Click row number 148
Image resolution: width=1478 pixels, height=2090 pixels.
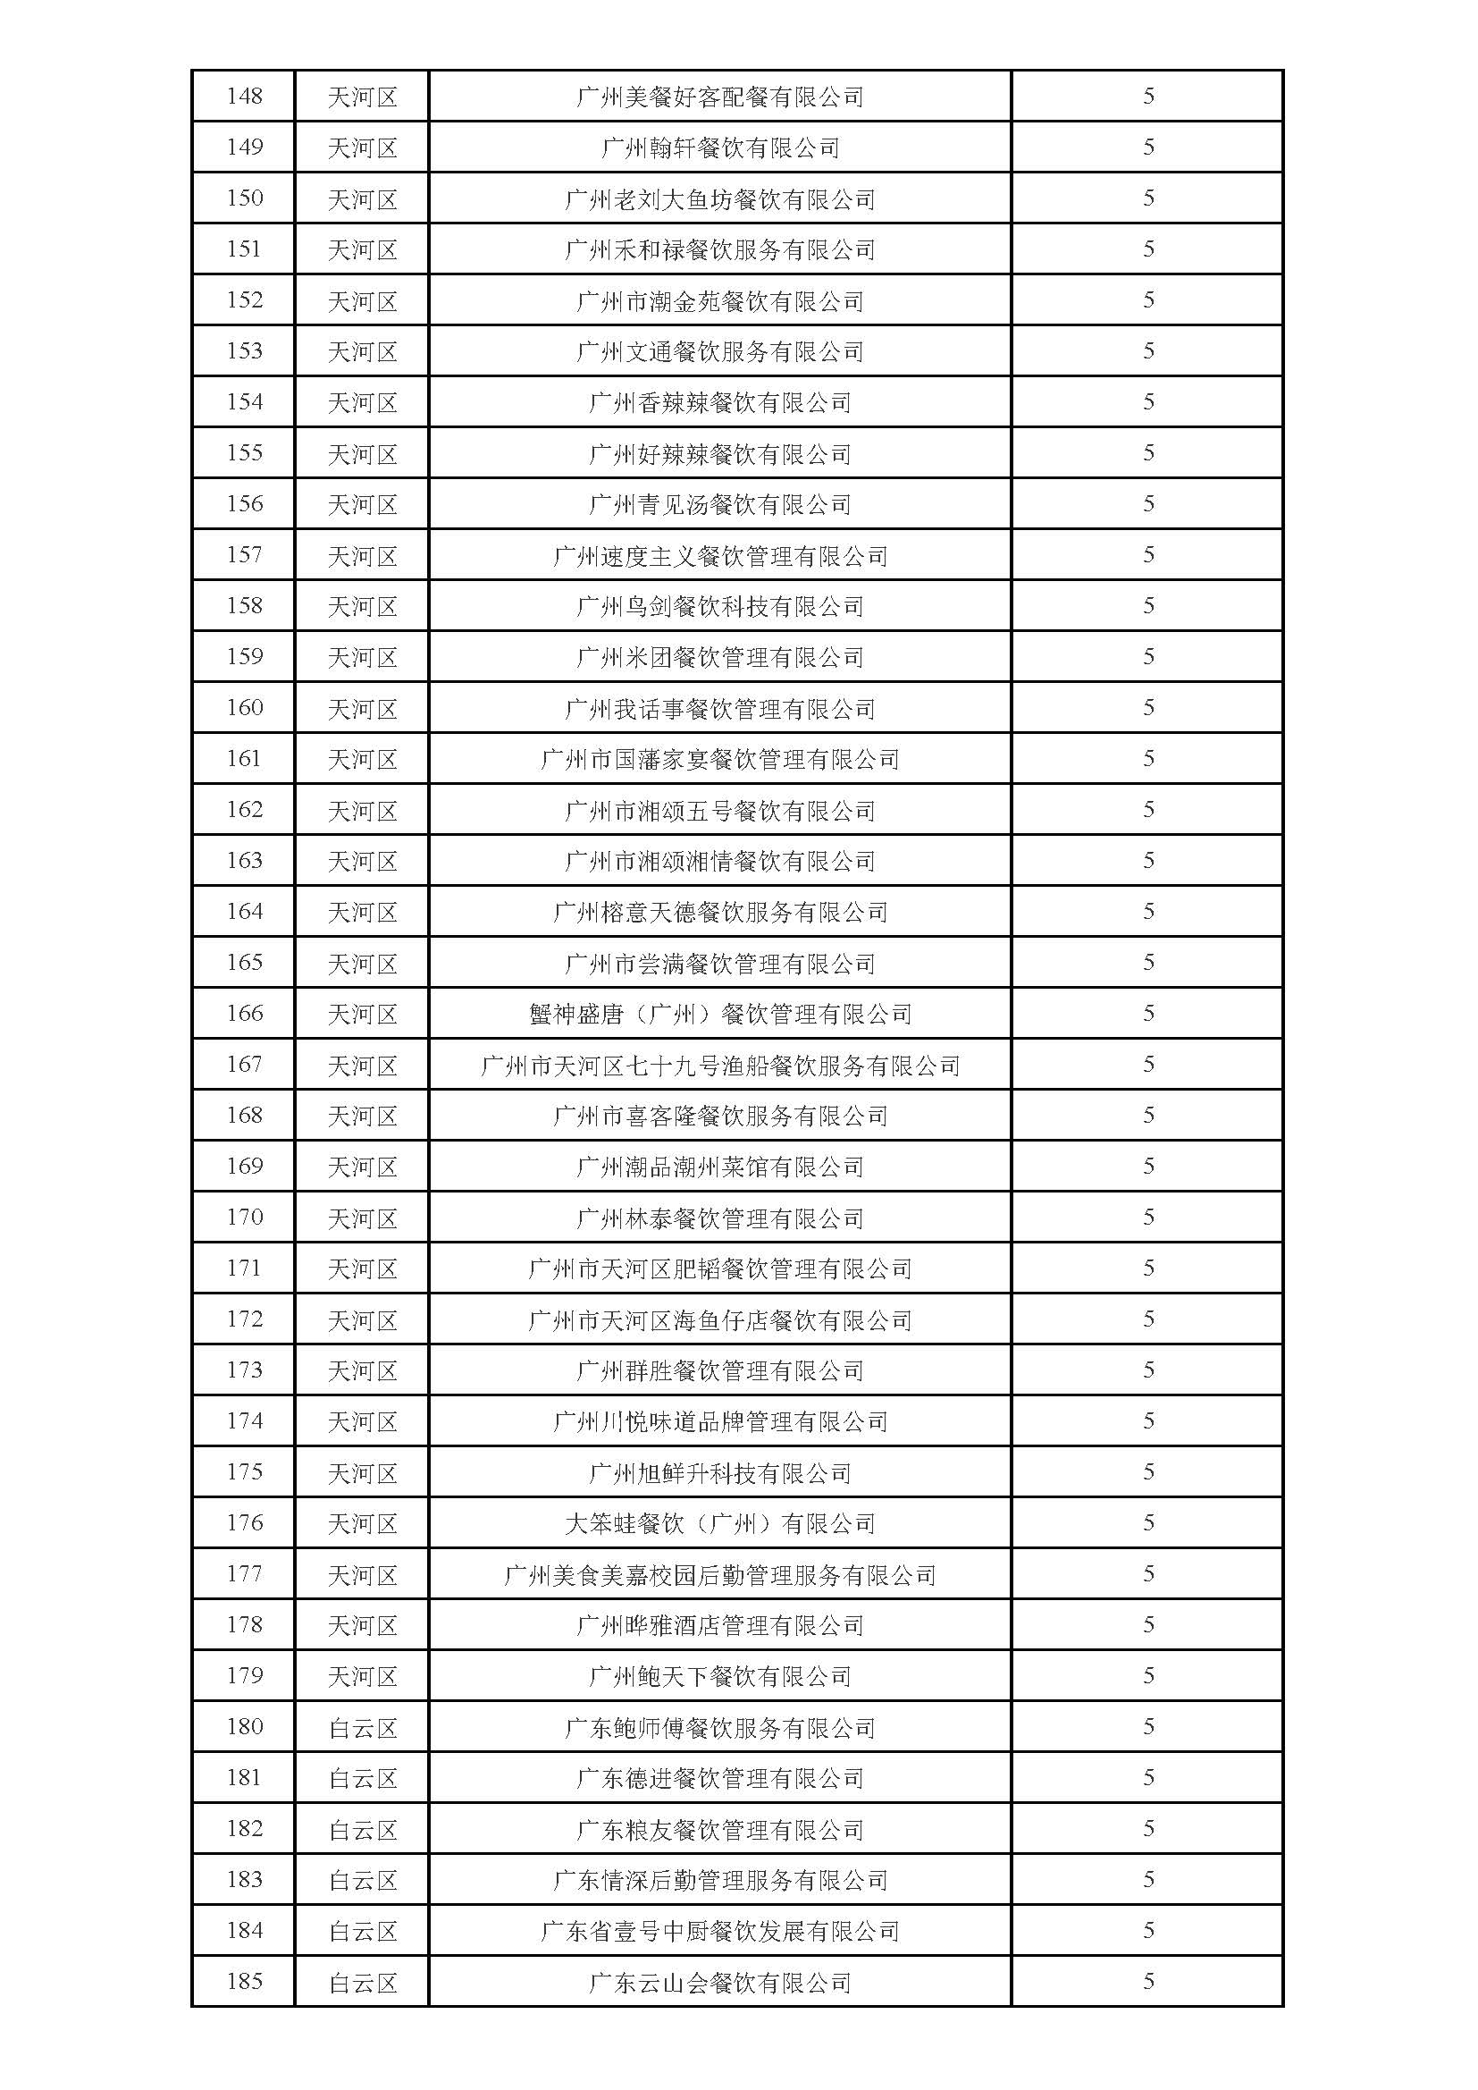[244, 96]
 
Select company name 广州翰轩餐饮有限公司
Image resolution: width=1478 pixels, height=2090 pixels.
[719, 147]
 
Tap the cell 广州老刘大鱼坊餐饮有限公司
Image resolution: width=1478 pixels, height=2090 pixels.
[719, 198]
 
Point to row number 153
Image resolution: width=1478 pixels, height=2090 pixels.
[244, 350]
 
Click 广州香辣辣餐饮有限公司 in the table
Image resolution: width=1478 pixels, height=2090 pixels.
[719, 402]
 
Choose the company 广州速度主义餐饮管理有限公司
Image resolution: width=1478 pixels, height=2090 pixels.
[719, 555]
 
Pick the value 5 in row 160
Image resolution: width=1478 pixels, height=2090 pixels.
[1147, 707]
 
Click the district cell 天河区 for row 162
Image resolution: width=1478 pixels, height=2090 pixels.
[362, 810]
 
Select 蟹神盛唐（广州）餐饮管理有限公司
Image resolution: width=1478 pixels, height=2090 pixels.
[719, 1014]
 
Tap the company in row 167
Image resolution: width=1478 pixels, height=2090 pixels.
[719, 1065]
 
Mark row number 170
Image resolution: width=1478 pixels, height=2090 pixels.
[244, 1217]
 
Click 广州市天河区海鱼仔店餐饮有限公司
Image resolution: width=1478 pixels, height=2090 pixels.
[719, 1320]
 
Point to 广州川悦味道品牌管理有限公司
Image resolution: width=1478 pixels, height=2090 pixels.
[719, 1422]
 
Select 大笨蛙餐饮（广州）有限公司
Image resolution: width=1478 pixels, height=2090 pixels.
[719, 1524]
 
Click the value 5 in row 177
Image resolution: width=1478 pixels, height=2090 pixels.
[1147, 1574]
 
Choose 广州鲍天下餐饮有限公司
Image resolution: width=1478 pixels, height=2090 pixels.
[719, 1677]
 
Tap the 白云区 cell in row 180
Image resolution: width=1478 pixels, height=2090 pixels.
[362, 1728]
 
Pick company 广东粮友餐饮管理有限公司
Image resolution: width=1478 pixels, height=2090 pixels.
[719, 1830]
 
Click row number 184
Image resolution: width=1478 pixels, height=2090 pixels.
[244, 1931]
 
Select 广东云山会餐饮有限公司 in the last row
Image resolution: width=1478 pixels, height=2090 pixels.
[719, 1983]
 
